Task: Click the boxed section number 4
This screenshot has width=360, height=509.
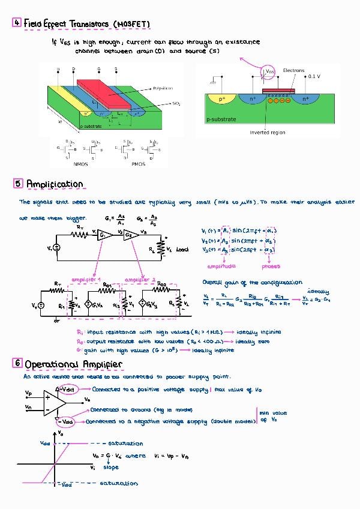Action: (17, 23)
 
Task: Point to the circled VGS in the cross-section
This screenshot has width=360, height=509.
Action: (270, 72)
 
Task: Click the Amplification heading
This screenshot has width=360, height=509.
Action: (55, 184)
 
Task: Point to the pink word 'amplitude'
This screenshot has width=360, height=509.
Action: (221, 266)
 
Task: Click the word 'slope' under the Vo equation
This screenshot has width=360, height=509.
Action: (111, 467)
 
